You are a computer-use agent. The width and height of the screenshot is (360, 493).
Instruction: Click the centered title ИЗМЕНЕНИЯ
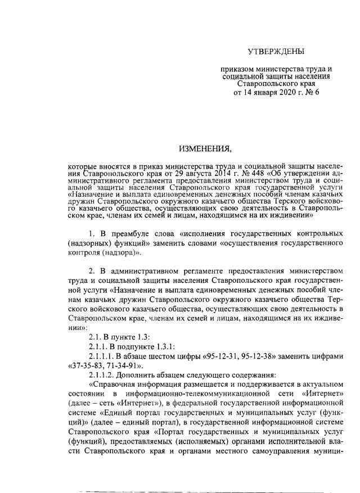tap(205, 149)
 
